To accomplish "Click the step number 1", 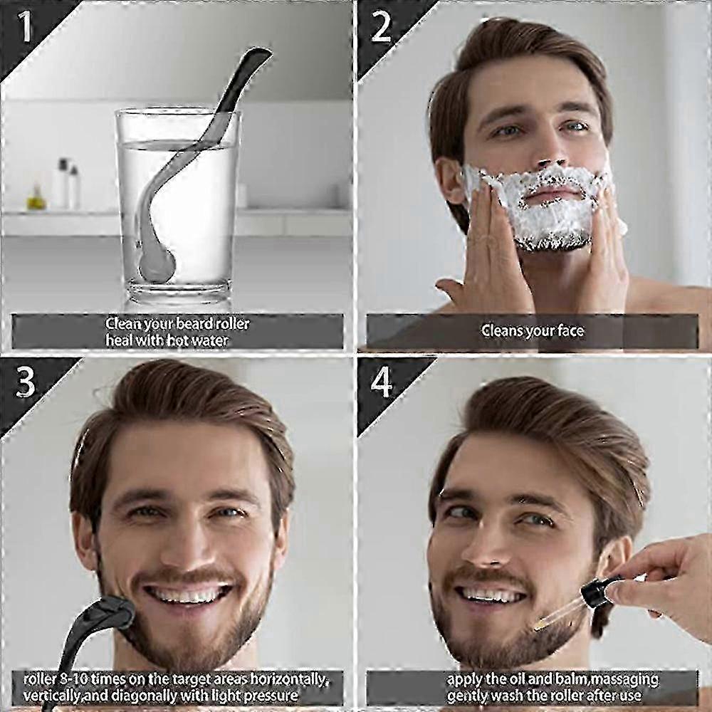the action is pyautogui.click(x=24, y=26).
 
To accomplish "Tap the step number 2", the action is pyautogui.click(x=380, y=26).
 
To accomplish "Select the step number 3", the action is pyautogui.click(x=25, y=382).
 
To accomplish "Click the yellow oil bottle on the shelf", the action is pyautogui.click(x=36, y=198).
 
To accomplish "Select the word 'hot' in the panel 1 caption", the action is pyautogui.click(x=179, y=340).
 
